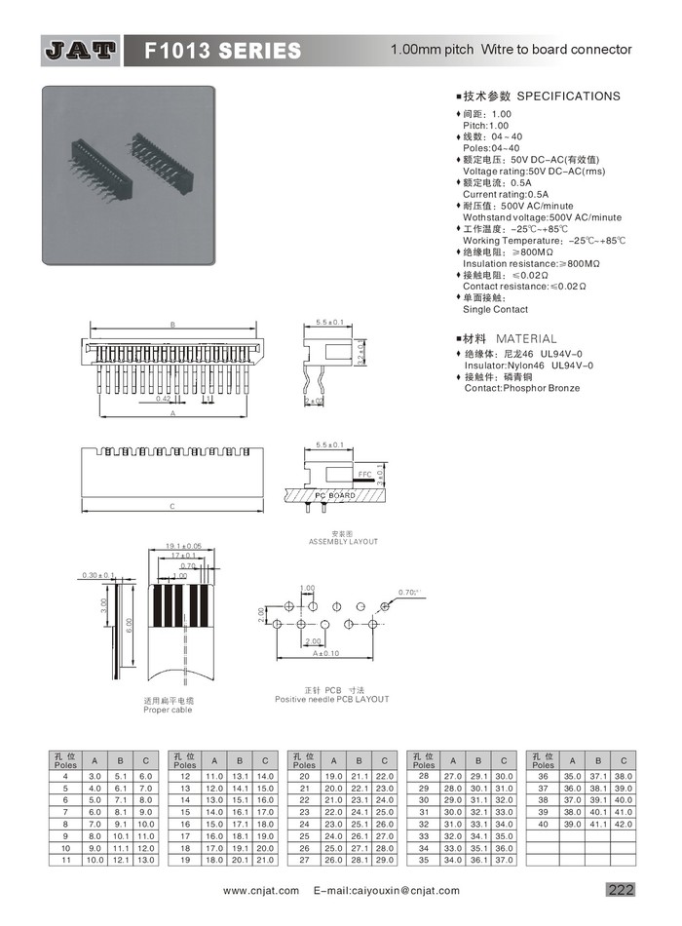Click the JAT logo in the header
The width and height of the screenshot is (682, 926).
(x=81, y=50)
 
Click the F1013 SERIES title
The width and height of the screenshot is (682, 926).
(x=223, y=50)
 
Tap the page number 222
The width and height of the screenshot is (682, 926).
(x=621, y=890)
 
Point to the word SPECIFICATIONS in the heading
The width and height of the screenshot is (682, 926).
(x=568, y=96)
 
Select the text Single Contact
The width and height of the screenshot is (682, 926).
(x=496, y=310)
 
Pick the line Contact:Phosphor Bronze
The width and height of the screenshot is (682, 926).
(x=521, y=388)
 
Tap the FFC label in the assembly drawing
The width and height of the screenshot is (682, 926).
(x=365, y=473)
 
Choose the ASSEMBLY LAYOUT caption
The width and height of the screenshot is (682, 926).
(x=343, y=541)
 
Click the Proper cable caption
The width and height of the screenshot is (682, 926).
(x=168, y=710)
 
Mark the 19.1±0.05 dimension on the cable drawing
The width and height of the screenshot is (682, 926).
(x=182, y=546)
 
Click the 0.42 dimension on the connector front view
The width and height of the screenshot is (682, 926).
(x=164, y=398)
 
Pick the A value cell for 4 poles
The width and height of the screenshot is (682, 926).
(x=95, y=775)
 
